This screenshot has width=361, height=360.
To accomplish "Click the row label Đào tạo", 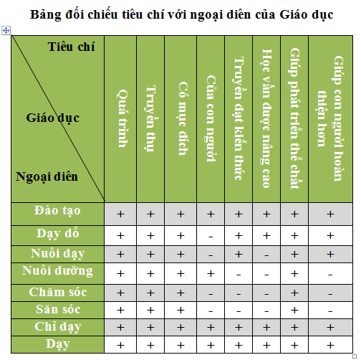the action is pyautogui.click(x=58, y=211).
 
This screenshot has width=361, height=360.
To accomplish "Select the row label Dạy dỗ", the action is pyautogui.click(x=58, y=232).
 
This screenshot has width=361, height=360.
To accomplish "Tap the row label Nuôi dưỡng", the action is pyautogui.click(x=58, y=271).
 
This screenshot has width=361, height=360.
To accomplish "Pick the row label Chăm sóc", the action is pyautogui.click(x=58, y=292).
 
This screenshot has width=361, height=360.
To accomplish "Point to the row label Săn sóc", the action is pyautogui.click(x=58, y=309).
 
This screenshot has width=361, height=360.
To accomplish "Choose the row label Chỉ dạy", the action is pyautogui.click(x=58, y=326).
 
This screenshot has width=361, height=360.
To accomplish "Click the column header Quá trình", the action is pyautogui.click(x=121, y=119).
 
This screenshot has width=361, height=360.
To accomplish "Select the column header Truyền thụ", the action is pyautogui.click(x=150, y=119).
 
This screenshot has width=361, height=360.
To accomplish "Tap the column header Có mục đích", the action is pyautogui.click(x=180, y=119).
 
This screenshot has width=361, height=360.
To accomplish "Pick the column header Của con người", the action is pyautogui.click(x=211, y=119).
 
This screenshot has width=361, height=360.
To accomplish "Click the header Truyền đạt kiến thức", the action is pyautogui.click(x=239, y=119).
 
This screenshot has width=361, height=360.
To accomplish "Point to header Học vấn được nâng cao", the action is pyautogui.click(x=266, y=119).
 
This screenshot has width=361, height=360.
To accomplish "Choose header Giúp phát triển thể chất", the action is pyautogui.click(x=294, y=119).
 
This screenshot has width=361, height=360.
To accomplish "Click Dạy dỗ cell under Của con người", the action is pyautogui.click(x=211, y=235).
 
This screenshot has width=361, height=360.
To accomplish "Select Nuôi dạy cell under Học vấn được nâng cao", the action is pyautogui.click(x=266, y=254).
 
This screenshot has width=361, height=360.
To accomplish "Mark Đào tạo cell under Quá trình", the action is pyautogui.click(x=121, y=214).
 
